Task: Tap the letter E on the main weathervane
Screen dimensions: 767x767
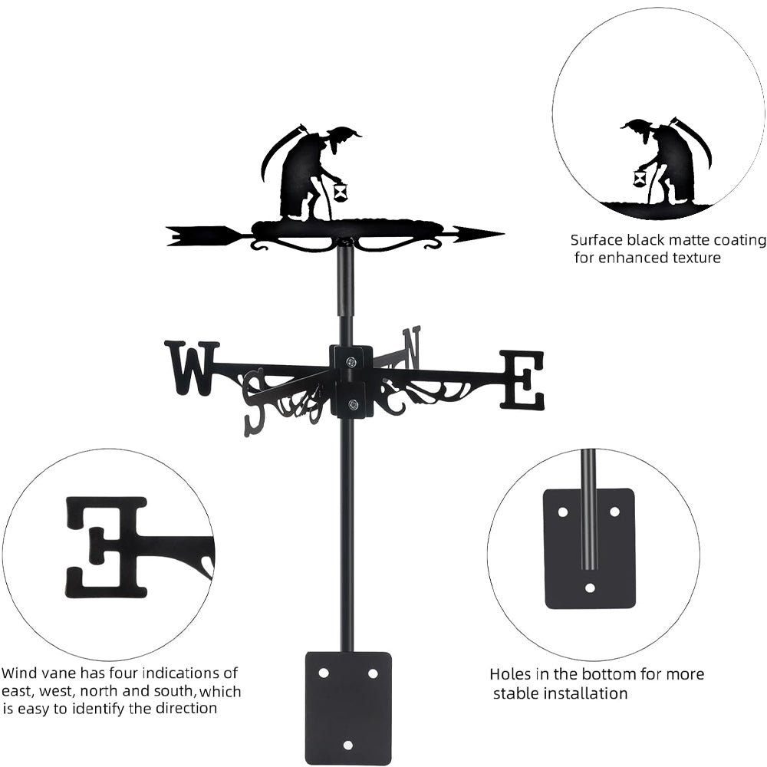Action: click(523, 379)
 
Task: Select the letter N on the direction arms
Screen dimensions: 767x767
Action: click(412, 346)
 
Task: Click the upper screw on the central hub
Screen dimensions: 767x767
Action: click(351, 362)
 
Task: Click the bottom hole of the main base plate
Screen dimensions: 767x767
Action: click(348, 745)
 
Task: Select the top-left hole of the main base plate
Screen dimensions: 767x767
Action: click(324, 673)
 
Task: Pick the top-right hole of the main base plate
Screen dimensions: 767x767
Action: click(373, 673)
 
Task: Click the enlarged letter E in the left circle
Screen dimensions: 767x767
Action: click(105, 546)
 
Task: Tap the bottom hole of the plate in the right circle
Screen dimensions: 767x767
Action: click(589, 588)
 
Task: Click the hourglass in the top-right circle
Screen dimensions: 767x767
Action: click(640, 179)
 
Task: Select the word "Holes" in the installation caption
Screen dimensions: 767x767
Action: click(511, 675)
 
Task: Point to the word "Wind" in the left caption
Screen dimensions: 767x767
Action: click(19, 673)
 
